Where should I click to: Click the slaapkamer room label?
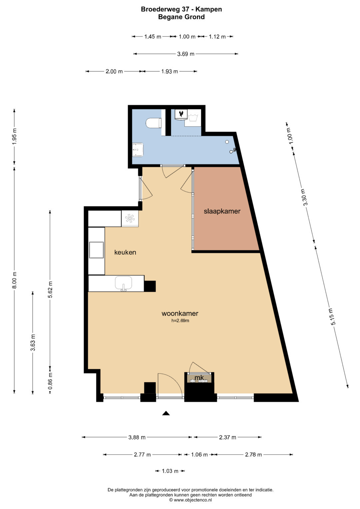point(222,211)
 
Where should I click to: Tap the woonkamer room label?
point(180,313)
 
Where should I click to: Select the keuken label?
point(125,252)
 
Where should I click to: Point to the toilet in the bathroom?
point(154,123)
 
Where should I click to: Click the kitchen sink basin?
point(123,283)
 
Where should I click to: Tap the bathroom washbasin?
point(138,150)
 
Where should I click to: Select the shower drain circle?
point(227,142)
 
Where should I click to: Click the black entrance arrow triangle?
point(166,413)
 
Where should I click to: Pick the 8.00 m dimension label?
point(14,280)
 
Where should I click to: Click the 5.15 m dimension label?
point(332,317)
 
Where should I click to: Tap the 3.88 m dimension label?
point(137,437)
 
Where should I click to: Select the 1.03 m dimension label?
point(170,471)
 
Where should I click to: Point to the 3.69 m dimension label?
point(186,54)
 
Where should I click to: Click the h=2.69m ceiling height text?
point(180,321)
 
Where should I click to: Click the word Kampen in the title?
point(209,9)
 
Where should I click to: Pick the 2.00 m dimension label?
point(114,72)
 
